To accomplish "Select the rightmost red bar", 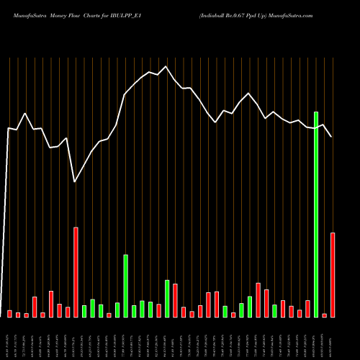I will click(x=333, y=275).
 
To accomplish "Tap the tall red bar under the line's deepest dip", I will click(x=76, y=272).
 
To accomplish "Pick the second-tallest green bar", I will click(x=125, y=286).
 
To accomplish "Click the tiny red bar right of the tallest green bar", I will click(x=325, y=315).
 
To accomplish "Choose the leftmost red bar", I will click(x=10, y=313).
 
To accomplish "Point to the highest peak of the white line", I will click(x=166, y=66).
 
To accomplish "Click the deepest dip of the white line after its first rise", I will click(x=76, y=182).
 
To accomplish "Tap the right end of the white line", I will click(x=332, y=137).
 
